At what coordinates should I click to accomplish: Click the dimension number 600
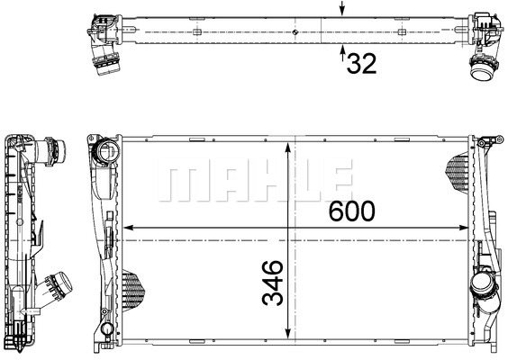pyautogui.click(x=352, y=211)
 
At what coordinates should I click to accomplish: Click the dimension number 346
pyautogui.click(x=273, y=283)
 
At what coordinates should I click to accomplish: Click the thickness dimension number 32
pyautogui.click(x=361, y=64)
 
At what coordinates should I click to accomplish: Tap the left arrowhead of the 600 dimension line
pyautogui.click(x=129, y=228)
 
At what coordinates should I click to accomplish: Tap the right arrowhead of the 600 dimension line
pyautogui.click(x=464, y=228)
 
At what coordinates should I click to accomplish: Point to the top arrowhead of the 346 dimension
pyautogui.click(x=287, y=148)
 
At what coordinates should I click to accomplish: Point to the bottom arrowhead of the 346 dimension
pyautogui.click(x=287, y=334)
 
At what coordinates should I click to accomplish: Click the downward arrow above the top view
pyautogui.click(x=342, y=8)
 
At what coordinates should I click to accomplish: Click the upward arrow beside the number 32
pyautogui.click(x=342, y=53)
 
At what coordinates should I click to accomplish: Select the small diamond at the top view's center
pyautogui.click(x=295, y=31)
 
